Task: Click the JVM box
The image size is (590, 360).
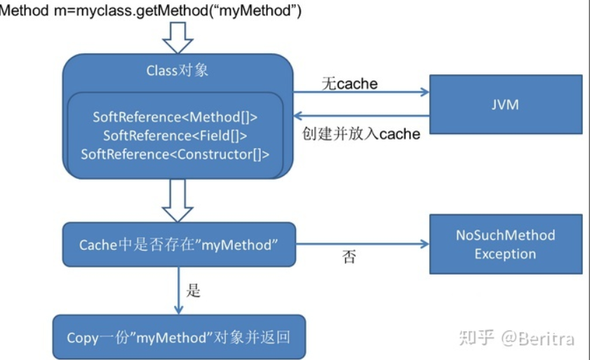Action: pos(506,105)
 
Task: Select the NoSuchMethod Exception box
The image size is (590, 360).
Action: pos(506,244)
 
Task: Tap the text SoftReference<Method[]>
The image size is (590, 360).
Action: pos(175,117)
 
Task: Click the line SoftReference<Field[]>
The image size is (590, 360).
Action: pos(175,135)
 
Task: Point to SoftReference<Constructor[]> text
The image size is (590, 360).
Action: pos(175,154)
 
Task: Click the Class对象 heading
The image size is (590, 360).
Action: pos(177,70)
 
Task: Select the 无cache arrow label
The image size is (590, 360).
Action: pos(349,84)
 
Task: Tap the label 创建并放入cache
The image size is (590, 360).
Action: pos(361,133)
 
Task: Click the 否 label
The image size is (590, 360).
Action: pos(349,257)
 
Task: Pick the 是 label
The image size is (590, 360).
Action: pos(193,291)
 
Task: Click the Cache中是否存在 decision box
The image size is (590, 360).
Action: pos(179,244)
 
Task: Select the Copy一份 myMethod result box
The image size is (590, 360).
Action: pos(179,337)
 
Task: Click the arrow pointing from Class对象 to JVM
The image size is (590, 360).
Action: pos(361,92)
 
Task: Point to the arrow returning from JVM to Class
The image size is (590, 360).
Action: pos(361,116)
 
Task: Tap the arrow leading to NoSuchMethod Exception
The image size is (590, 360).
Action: pos(363,244)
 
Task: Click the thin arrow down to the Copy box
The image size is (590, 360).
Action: pos(179,291)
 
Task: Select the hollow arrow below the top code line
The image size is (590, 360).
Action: pos(177,38)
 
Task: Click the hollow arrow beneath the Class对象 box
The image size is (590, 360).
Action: pos(177,200)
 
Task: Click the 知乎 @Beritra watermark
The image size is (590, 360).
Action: pos(516,338)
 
